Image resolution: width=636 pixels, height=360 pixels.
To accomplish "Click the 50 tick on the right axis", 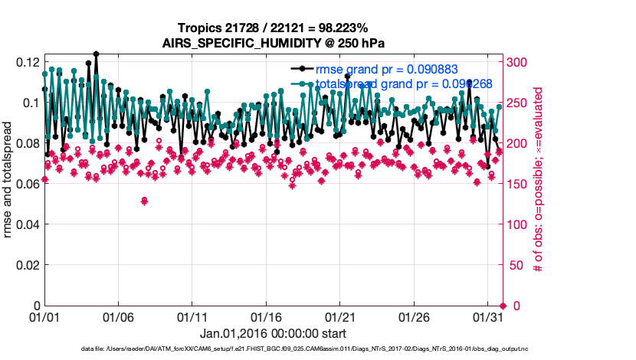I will pyautogui.click(x=512, y=265).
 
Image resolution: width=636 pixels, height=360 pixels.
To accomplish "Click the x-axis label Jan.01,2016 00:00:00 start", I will pyautogui.click(x=273, y=334).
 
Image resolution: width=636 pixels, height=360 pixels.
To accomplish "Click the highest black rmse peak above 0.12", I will pyautogui.click(x=96, y=54).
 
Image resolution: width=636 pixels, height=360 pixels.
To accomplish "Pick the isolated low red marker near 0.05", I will pyautogui.click(x=144, y=201).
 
